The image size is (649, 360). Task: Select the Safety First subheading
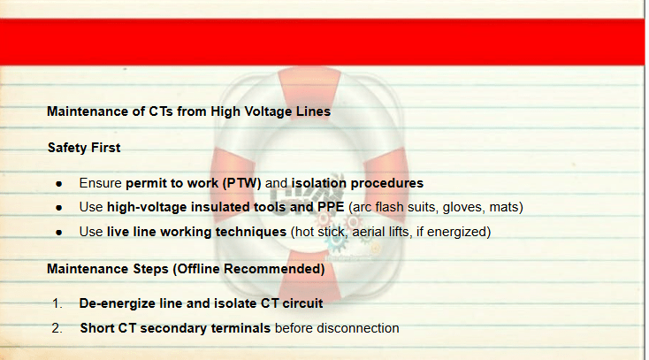(x=84, y=148)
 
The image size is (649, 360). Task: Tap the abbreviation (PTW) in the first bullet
(x=242, y=183)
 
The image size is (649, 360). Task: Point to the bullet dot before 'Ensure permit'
(x=58, y=184)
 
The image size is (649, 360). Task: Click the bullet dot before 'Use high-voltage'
(x=58, y=208)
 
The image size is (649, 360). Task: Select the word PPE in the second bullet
(x=331, y=207)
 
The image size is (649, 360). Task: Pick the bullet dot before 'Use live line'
(x=58, y=233)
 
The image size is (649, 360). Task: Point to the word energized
(x=456, y=232)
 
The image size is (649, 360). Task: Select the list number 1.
(x=57, y=303)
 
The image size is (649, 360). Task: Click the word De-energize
(x=118, y=303)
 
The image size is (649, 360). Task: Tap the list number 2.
(x=57, y=328)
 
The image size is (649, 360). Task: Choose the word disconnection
(x=358, y=328)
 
